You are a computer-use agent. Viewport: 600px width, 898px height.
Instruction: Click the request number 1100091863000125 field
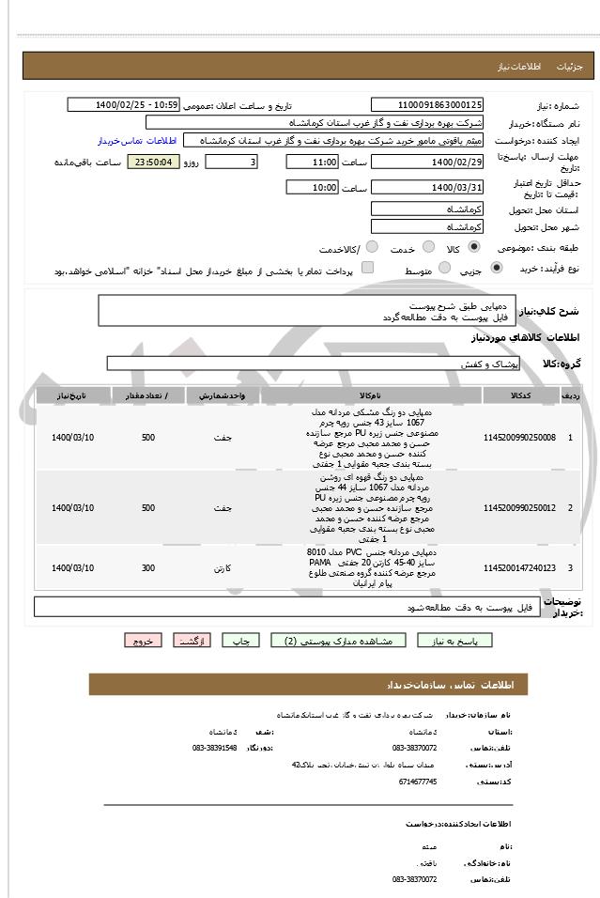tap(427, 104)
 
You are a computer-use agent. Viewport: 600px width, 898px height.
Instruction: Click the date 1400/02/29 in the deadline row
tap(427, 162)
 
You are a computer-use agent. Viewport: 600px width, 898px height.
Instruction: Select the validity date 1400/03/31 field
tap(427, 187)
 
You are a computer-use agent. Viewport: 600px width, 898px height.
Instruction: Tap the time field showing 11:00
tap(312, 162)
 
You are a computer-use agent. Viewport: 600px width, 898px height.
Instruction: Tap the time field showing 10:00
tap(312, 187)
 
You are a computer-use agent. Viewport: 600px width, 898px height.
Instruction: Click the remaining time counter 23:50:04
tap(152, 162)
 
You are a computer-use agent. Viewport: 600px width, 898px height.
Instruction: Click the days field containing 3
tap(231, 162)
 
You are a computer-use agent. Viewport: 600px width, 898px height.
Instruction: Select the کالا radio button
tap(474, 247)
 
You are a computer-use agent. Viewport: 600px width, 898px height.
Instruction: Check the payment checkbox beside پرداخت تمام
tap(367, 269)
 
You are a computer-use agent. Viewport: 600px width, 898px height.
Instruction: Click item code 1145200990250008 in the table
tap(518, 438)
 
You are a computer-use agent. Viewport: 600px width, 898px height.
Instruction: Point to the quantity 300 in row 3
tap(148, 567)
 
